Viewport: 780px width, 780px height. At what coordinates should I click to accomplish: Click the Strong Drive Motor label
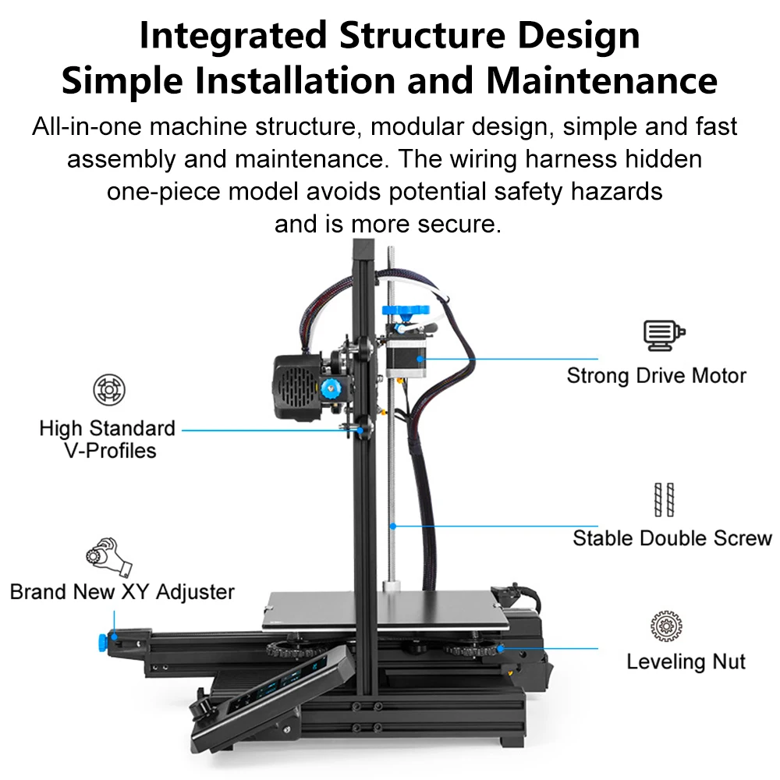coord(656,375)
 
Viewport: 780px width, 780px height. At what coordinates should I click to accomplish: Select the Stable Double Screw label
coord(672,538)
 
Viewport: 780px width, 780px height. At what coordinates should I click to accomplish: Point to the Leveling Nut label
coord(686,662)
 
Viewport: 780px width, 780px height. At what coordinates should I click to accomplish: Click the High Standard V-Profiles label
coord(108,439)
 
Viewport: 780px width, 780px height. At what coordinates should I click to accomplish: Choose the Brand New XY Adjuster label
coord(122,591)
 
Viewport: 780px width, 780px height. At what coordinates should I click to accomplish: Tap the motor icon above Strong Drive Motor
coord(664,334)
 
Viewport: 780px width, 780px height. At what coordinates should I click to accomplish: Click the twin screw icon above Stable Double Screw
coord(664,499)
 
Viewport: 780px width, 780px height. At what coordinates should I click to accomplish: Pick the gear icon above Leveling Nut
coord(667,627)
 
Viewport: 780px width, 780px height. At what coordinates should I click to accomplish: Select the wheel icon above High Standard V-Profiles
coord(109,390)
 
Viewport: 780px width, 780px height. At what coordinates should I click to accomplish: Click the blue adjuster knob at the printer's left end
coord(103,641)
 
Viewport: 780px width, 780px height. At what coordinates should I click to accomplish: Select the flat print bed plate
coord(382,609)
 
